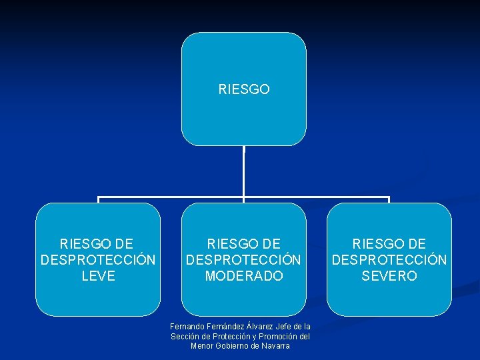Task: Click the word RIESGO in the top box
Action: pos(244,89)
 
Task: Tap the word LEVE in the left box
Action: pos(98,276)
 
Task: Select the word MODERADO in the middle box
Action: pos(244,276)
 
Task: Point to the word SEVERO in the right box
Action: pos(389,276)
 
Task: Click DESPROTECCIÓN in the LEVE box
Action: pos(98,260)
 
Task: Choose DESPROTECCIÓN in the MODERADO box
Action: pos(244,260)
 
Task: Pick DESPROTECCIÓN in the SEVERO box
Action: pos(389,260)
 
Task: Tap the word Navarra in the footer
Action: pos(275,346)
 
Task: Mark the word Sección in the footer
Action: pos(184,336)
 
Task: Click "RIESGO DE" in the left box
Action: pos(97,244)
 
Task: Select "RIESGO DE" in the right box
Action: pos(389,244)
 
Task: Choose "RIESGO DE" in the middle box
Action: pos(244,244)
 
